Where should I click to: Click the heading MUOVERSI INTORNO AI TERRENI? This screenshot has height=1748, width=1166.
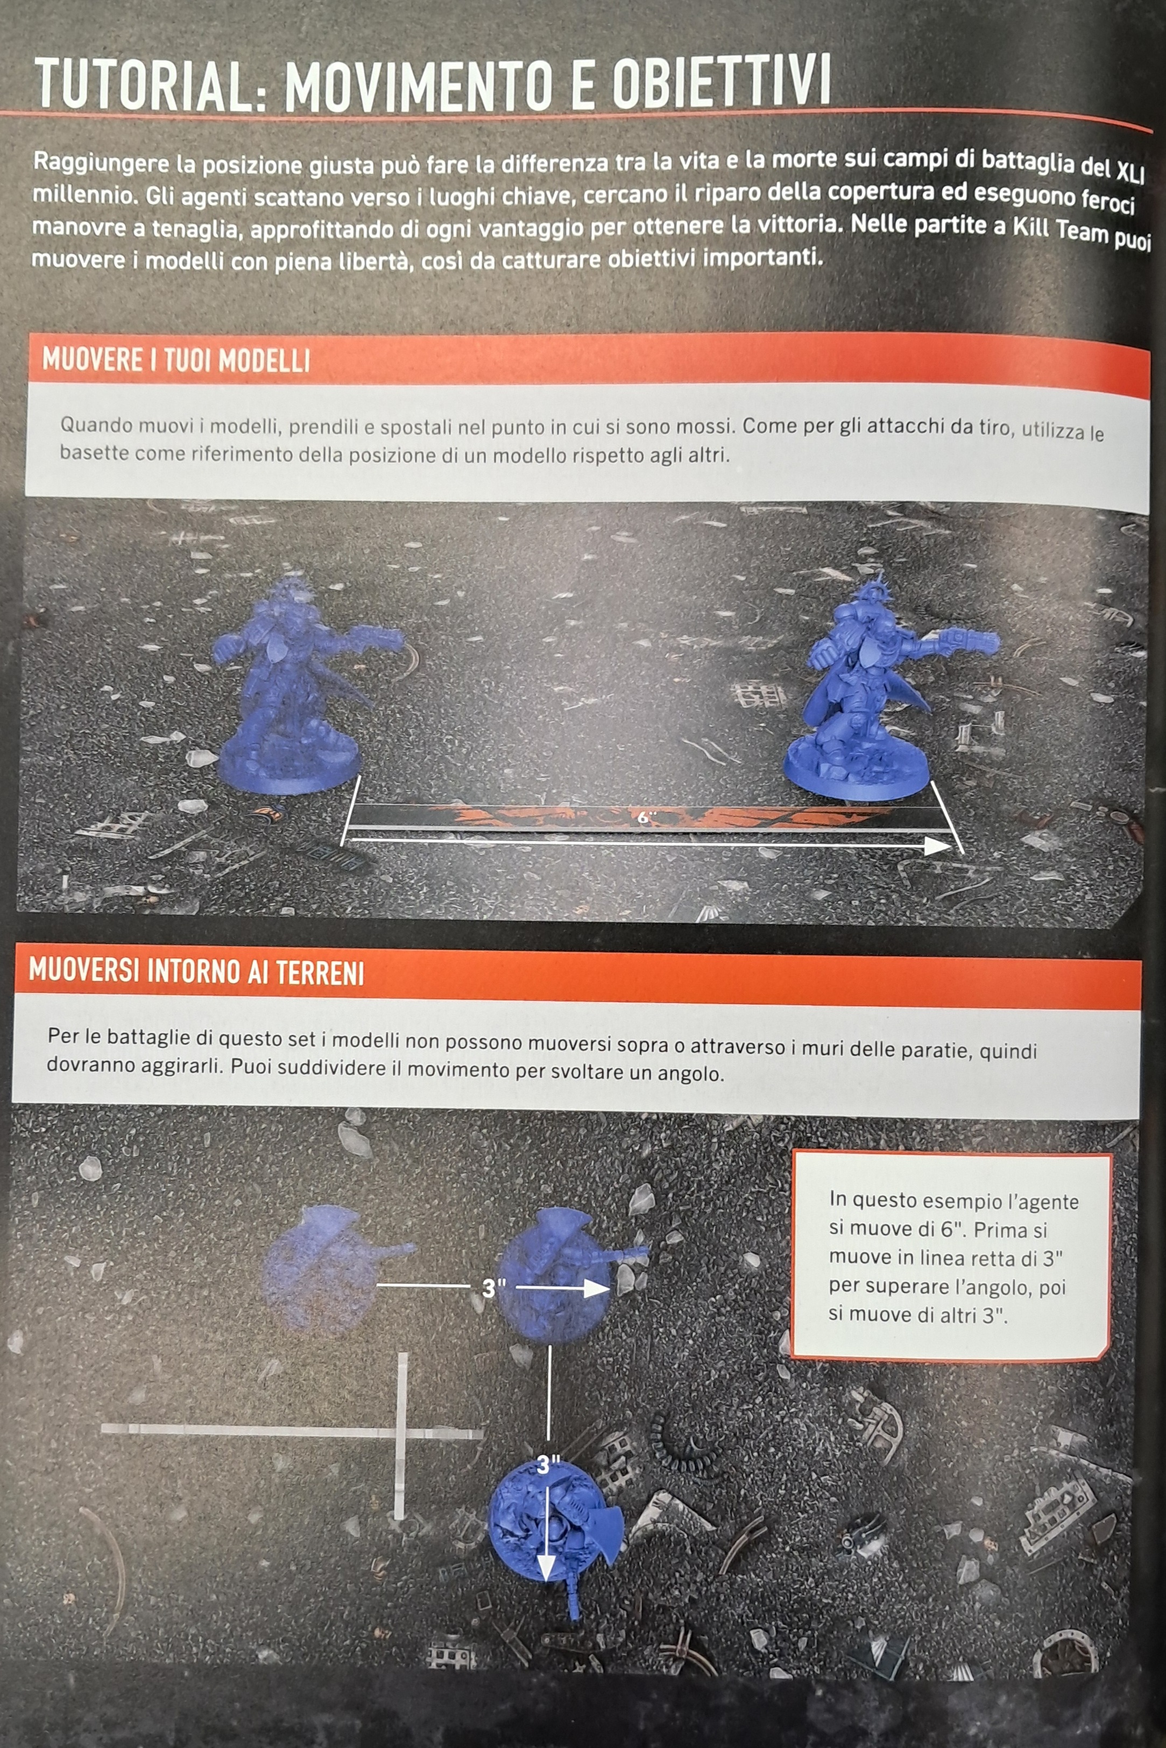click(196, 972)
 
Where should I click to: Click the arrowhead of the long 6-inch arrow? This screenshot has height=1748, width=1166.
click(938, 845)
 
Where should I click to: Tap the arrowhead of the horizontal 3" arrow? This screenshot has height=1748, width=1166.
click(596, 1289)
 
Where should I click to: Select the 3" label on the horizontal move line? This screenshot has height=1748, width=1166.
click(489, 1288)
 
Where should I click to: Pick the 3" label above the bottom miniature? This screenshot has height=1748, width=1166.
click(548, 1464)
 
